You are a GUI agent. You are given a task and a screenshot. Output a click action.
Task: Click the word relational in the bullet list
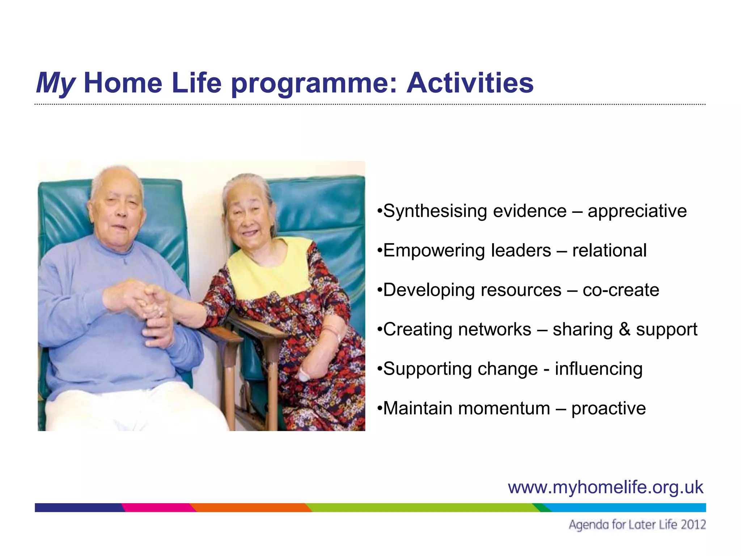[x=609, y=250]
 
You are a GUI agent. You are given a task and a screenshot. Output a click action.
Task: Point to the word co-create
[x=621, y=290]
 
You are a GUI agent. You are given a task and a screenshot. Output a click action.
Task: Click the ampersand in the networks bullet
[x=624, y=329]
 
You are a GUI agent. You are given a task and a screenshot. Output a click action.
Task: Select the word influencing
[x=599, y=369]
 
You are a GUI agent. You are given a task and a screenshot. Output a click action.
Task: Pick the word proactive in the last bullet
[x=609, y=409]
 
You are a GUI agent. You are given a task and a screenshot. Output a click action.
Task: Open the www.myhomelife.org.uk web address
[x=605, y=487]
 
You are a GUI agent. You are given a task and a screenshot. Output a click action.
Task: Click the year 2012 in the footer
[x=693, y=525]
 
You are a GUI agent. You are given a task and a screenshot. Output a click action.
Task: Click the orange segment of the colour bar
[x=250, y=507]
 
